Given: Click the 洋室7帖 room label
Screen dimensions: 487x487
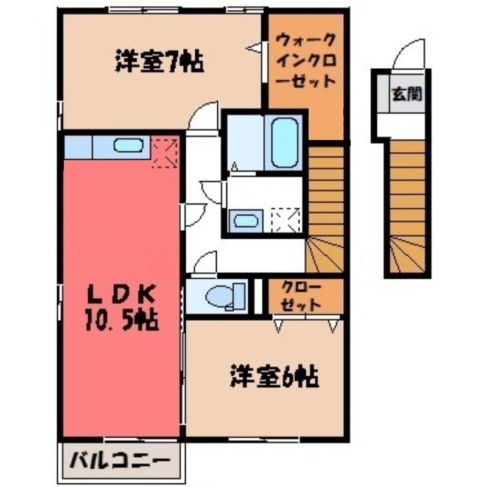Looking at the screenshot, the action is [x=159, y=62].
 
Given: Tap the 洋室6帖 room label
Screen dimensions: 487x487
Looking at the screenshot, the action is [x=275, y=377].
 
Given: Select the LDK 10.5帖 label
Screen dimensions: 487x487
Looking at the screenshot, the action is [x=121, y=307].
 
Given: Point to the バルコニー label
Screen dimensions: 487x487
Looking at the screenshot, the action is [x=120, y=461].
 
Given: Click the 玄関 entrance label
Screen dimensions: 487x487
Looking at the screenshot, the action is [x=407, y=94].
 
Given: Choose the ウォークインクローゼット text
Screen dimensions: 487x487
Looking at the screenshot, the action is [x=306, y=60].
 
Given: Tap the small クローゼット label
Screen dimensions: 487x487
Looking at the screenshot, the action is [x=301, y=297].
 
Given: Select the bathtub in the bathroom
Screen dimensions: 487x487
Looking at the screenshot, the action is [x=285, y=143].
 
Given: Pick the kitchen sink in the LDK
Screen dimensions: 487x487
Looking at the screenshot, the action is [x=128, y=145].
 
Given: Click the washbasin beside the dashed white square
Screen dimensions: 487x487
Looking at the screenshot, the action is [x=246, y=221].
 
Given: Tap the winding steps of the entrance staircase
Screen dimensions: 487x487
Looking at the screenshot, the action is [x=407, y=254].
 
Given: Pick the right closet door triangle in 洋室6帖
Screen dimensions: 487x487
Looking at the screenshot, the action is [x=333, y=326].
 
